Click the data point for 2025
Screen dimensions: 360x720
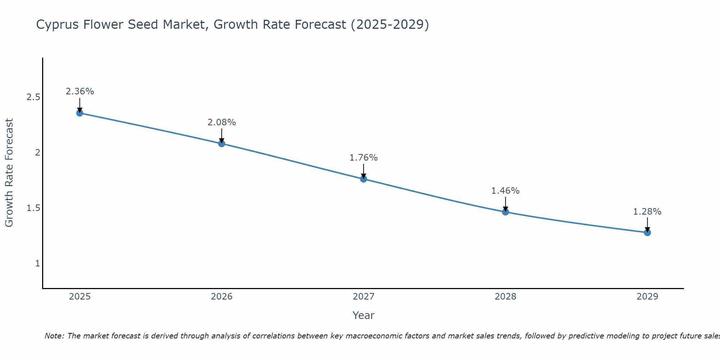pyautogui.click(x=80, y=113)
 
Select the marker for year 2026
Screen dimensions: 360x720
pyautogui.click(x=222, y=144)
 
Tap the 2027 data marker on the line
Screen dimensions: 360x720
pyautogui.click(x=364, y=179)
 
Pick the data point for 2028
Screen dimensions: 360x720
pyautogui.click(x=505, y=212)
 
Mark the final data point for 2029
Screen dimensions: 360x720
pyautogui.click(x=647, y=233)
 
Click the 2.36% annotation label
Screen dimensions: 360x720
pyautogui.click(x=80, y=91)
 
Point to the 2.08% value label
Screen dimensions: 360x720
pyautogui.click(x=222, y=122)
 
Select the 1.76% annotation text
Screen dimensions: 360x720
pyautogui.click(x=364, y=158)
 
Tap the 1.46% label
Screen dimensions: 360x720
pyautogui.click(x=505, y=191)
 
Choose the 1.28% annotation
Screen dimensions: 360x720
pyautogui.click(x=647, y=212)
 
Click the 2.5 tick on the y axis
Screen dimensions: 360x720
pyautogui.click(x=33, y=97)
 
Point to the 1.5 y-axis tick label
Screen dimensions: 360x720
pyautogui.click(x=33, y=208)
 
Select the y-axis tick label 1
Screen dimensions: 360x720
pyautogui.click(x=37, y=264)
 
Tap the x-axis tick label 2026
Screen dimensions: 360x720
pyautogui.click(x=222, y=297)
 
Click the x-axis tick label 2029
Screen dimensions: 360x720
pyautogui.click(x=647, y=297)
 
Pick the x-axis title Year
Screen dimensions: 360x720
pyautogui.click(x=364, y=315)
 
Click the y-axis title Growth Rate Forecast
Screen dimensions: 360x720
pyautogui.click(x=9, y=173)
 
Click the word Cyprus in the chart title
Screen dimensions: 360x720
pyautogui.click(x=58, y=24)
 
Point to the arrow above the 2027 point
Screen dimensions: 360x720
pyautogui.click(x=364, y=171)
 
